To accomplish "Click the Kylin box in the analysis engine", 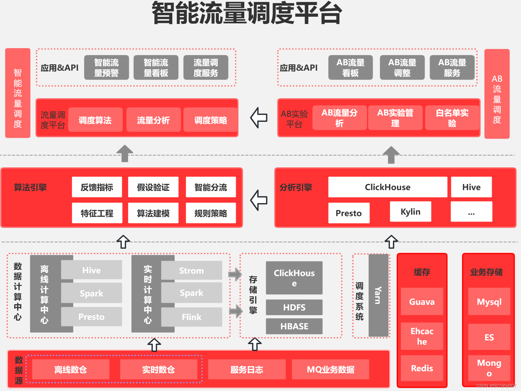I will point(410,212).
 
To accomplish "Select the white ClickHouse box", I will point(388,187).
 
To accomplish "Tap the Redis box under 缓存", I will point(422,368).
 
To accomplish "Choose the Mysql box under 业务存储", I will point(489,301).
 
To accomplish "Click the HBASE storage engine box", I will point(294,326).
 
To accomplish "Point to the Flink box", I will point(192,317).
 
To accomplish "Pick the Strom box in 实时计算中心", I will point(192,270).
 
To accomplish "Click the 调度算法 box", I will point(95,120).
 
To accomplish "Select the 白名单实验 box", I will point(452,118).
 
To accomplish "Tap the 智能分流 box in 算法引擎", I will point(211,187).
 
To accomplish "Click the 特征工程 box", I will point(97,213).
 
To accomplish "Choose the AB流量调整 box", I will point(402,68).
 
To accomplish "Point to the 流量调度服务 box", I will point(206,68).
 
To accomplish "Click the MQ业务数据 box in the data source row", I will point(330,369).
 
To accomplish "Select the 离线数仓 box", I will point(71,369).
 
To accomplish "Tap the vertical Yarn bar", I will point(378,295).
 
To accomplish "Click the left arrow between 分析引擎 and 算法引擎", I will point(259,200).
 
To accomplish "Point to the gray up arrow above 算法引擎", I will point(125,153).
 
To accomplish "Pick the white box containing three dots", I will point(471,212).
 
